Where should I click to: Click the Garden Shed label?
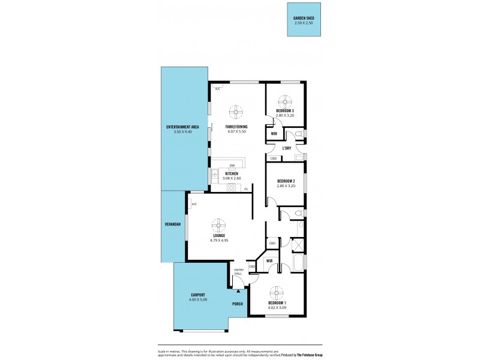(x=304, y=19)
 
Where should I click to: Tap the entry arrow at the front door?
(x=239, y=290)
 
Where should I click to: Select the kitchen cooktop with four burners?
(x=231, y=188)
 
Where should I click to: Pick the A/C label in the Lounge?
(x=194, y=205)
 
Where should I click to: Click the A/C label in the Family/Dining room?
(x=217, y=89)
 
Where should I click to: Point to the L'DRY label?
(x=287, y=148)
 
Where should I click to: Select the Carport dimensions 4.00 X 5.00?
(x=198, y=299)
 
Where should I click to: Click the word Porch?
(x=238, y=304)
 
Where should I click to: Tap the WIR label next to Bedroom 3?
(x=274, y=134)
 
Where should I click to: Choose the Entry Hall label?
(x=238, y=272)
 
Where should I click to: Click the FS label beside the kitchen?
(x=246, y=189)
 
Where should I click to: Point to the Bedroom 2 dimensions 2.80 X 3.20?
(x=286, y=185)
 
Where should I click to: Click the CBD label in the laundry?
(x=273, y=158)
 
